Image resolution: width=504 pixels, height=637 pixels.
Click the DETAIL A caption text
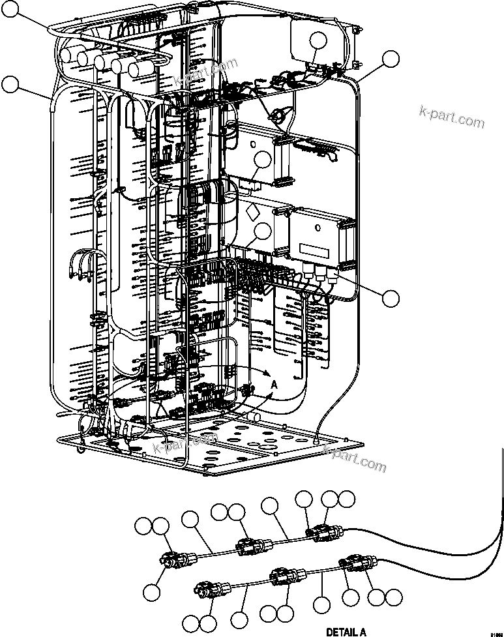(x=346, y=631)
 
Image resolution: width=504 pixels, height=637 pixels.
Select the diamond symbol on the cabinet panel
(x=252, y=213)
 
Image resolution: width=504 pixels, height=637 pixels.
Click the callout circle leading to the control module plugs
(x=391, y=299)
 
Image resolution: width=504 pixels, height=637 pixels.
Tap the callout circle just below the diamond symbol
(x=263, y=231)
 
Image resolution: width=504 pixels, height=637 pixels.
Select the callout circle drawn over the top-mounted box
(x=318, y=41)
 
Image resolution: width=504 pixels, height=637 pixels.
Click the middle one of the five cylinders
(x=103, y=62)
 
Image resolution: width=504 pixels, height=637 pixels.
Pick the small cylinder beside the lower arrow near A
(x=252, y=416)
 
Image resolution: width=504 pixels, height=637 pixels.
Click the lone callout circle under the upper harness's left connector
(x=152, y=592)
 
